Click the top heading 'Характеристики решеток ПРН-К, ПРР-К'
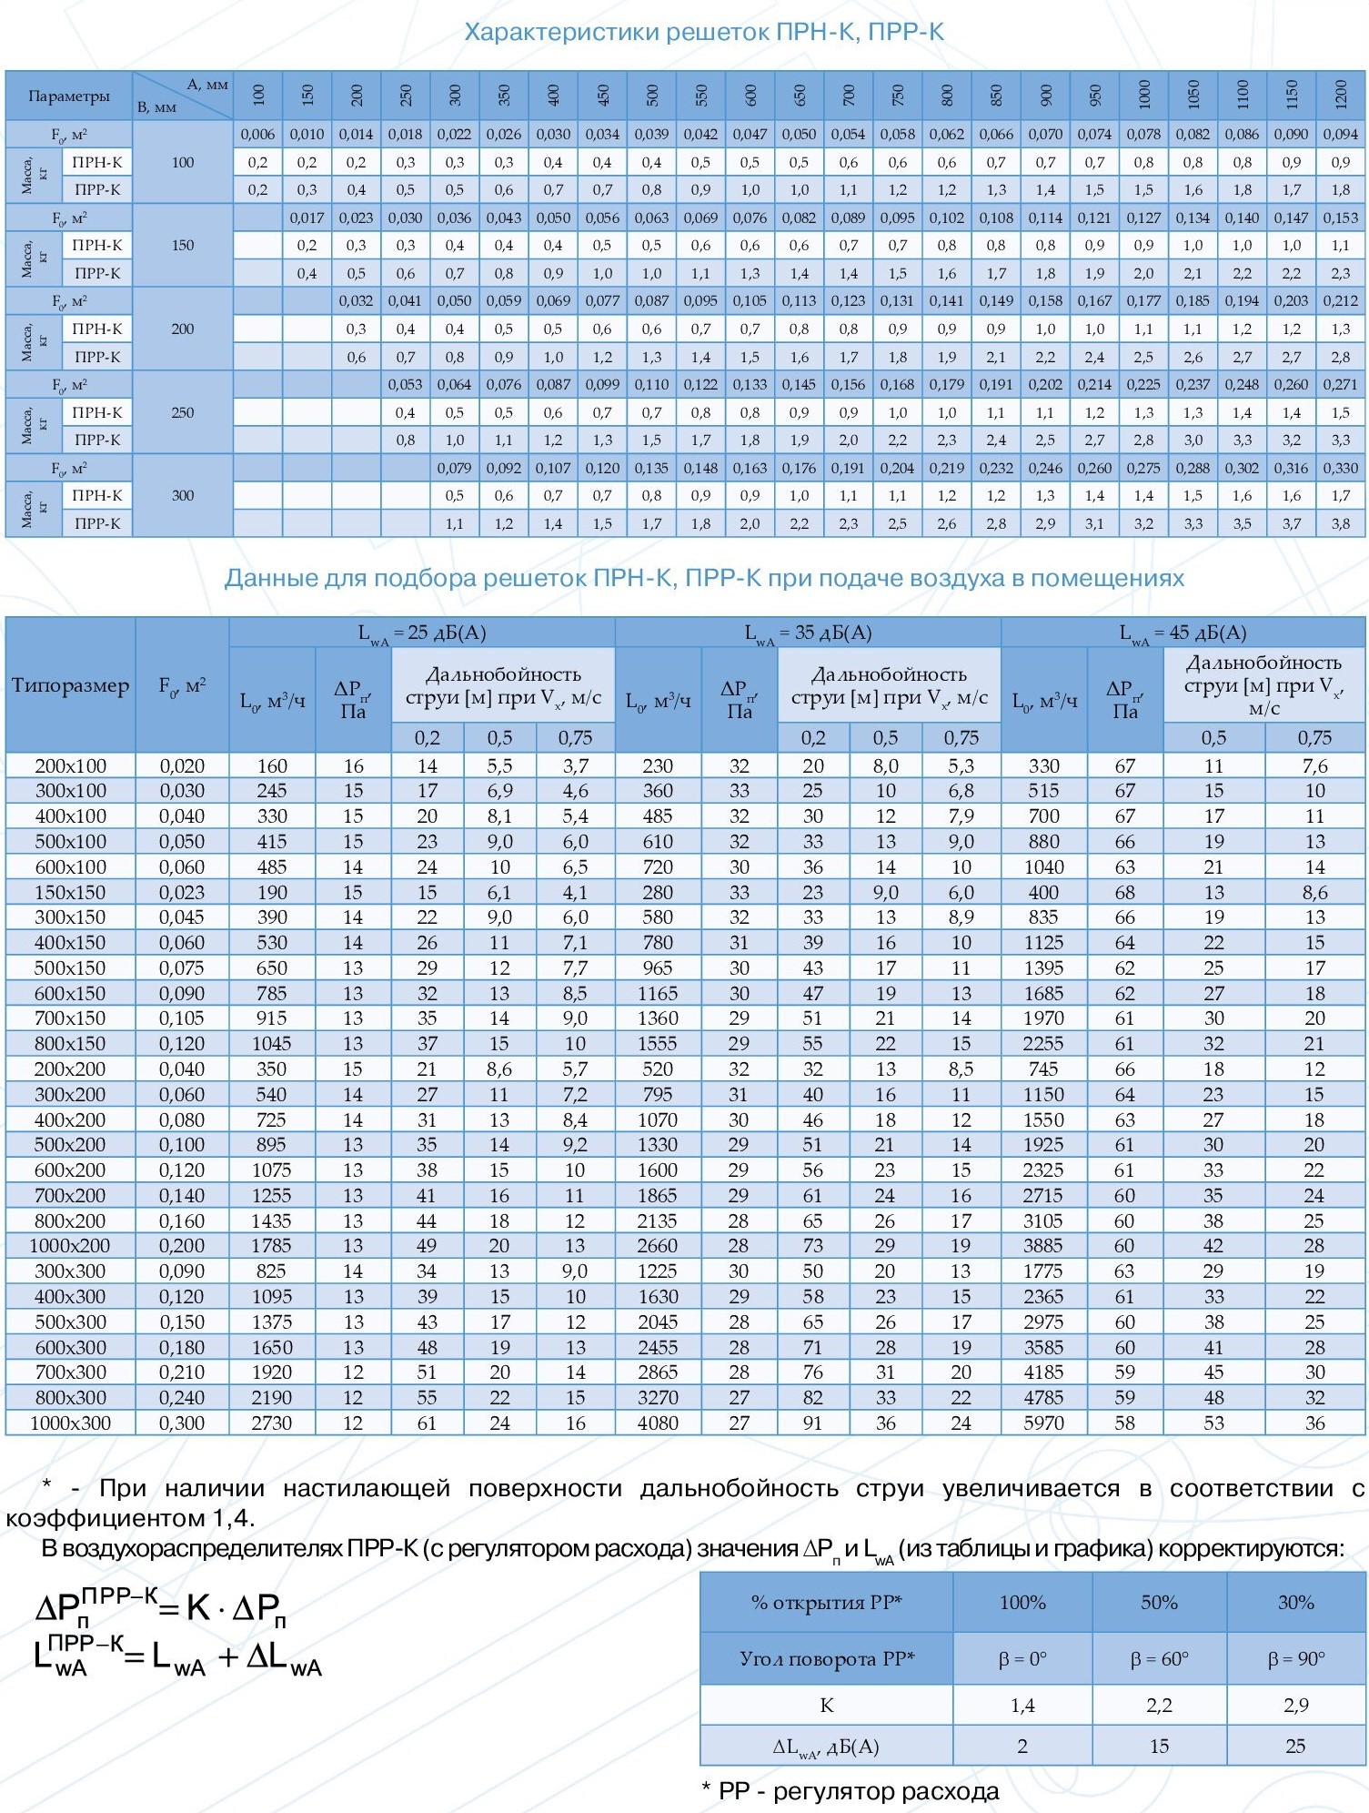click(x=704, y=33)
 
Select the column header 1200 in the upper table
click(x=1340, y=95)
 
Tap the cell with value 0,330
click(x=1340, y=468)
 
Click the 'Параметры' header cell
click(x=69, y=96)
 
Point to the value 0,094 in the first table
click(x=1340, y=135)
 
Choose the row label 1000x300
click(x=70, y=1423)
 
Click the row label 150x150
click(x=70, y=892)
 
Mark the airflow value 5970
click(x=1043, y=1423)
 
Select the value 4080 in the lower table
click(x=658, y=1423)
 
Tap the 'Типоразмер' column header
click(x=70, y=685)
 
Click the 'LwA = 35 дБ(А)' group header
click(x=808, y=633)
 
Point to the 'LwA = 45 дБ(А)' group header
click(x=1183, y=633)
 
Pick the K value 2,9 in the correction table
click(x=1295, y=1705)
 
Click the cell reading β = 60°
click(x=1159, y=1658)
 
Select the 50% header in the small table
click(x=1159, y=1602)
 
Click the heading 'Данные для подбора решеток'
click(x=704, y=578)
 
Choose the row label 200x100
click(x=70, y=766)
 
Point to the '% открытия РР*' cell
click(x=826, y=1602)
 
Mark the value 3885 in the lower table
click(x=1043, y=1245)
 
